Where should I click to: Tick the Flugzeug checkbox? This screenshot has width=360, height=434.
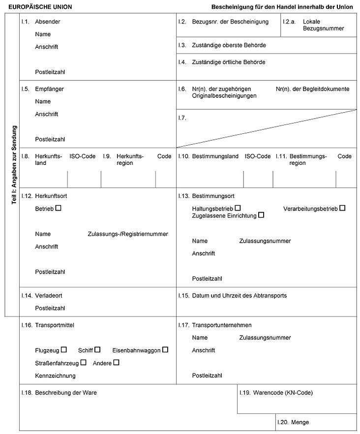click(x=63, y=350)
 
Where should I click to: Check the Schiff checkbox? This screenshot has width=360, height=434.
click(x=97, y=350)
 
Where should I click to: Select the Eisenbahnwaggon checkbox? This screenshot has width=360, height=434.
click(x=165, y=350)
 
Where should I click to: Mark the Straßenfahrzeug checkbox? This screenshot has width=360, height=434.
click(x=83, y=363)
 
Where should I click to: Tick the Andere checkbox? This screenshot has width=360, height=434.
click(x=116, y=363)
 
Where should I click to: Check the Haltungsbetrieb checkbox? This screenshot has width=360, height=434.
click(x=238, y=208)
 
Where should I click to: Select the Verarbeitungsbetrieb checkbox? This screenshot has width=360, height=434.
click(x=342, y=208)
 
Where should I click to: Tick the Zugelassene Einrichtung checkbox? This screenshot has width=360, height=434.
click(x=261, y=215)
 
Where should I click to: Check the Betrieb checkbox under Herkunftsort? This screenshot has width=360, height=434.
click(x=58, y=208)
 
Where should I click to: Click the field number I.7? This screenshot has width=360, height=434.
click(x=182, y=118)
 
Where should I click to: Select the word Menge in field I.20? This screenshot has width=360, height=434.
click(x=300, y=422)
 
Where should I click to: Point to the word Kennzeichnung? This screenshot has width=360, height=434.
click(x=55, y=375)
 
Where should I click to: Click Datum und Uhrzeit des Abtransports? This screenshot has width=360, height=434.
click(x=239, y=296)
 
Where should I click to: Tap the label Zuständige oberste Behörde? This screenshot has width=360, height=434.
click(x=229, y=45)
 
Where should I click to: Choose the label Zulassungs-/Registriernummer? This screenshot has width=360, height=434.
click(x=128, y=234)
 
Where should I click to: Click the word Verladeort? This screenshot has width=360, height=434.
click(x=49, y=296)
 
